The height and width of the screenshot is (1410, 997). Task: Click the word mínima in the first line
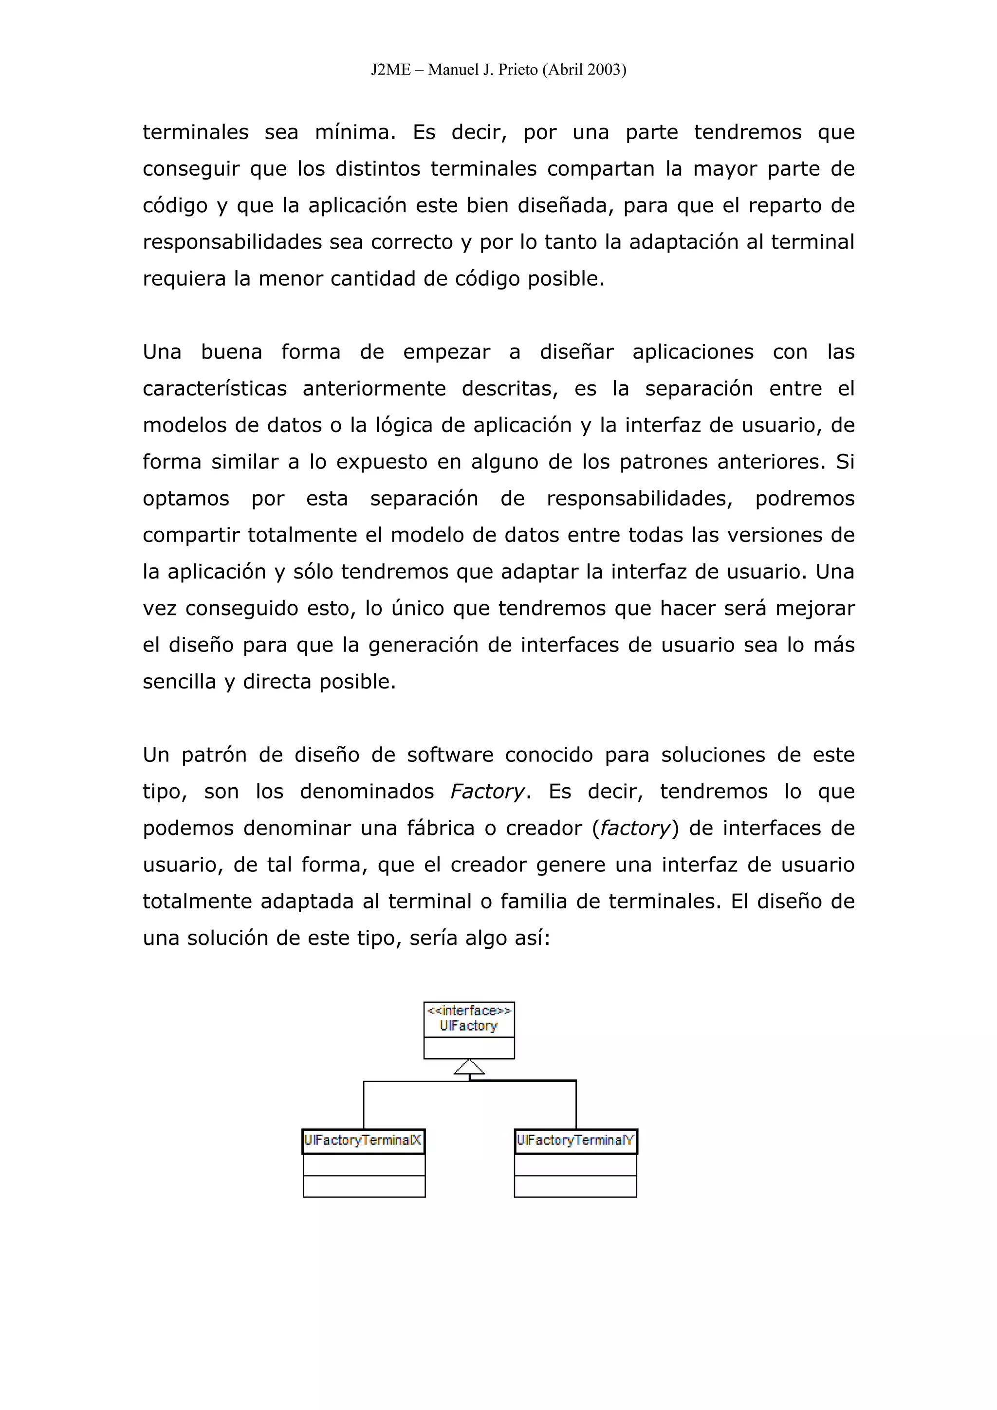point(355,132)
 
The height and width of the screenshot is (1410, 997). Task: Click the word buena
point(232,352)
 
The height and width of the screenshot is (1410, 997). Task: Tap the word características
point(215,389)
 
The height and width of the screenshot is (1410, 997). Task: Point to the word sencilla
point(179,682)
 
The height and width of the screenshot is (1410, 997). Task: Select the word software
point(450,755)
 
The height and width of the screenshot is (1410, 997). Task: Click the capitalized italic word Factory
point(488,792)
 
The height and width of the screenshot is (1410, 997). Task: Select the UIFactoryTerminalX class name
point(363,1140)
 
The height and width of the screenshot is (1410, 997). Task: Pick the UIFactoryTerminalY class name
point(575,1140)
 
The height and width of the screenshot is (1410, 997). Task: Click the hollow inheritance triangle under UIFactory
point(469,1067)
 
